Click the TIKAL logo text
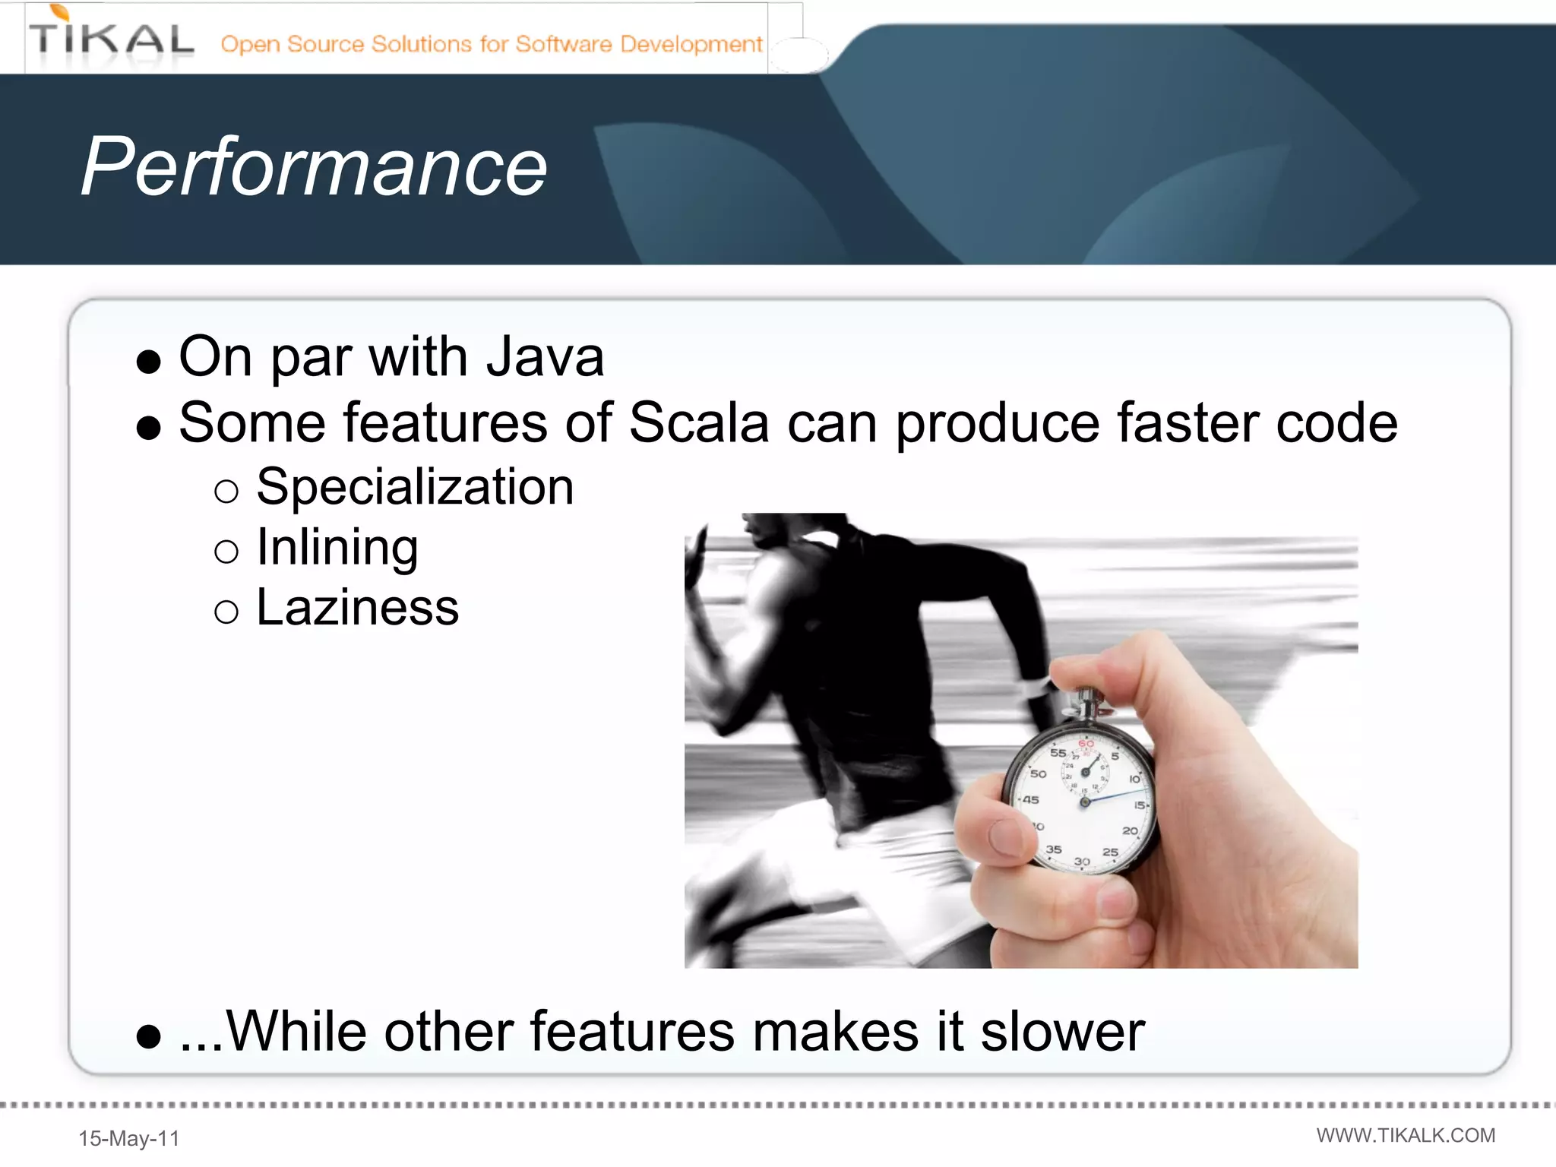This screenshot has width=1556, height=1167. coord(112,40)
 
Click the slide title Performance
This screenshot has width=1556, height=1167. coord(314,167)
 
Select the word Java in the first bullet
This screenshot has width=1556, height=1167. coord(545,357)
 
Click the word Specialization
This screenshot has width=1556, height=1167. coord(415,487)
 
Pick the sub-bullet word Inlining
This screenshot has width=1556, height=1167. coord(337,547)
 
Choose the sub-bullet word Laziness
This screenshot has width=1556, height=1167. coord(357,608)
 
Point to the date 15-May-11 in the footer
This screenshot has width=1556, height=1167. coord(129,1138)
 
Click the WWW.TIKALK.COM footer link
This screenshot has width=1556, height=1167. coord(1406,1135)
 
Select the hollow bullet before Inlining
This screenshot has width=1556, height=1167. coord(226,551)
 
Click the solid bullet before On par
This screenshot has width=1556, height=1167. coord(149,362)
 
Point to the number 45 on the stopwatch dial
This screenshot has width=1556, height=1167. coord(1030,799)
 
